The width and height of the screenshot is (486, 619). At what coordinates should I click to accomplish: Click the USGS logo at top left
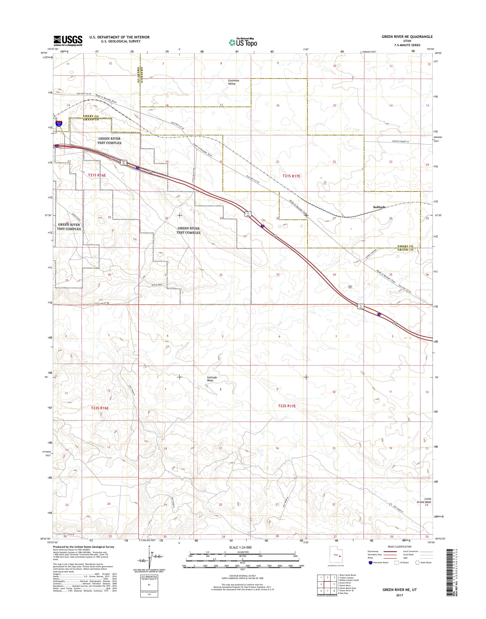(x=68, y=41)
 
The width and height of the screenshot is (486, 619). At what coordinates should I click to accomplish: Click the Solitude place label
(x=379, y=207)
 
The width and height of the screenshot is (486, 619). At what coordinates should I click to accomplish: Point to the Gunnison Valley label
(x=233, y=82)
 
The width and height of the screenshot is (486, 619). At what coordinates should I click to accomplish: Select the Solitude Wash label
(x=212, y=379)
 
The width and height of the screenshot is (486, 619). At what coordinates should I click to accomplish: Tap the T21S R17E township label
(x=291, y=176)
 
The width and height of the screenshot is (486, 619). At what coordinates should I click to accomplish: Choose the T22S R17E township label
(x=287, y=406)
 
